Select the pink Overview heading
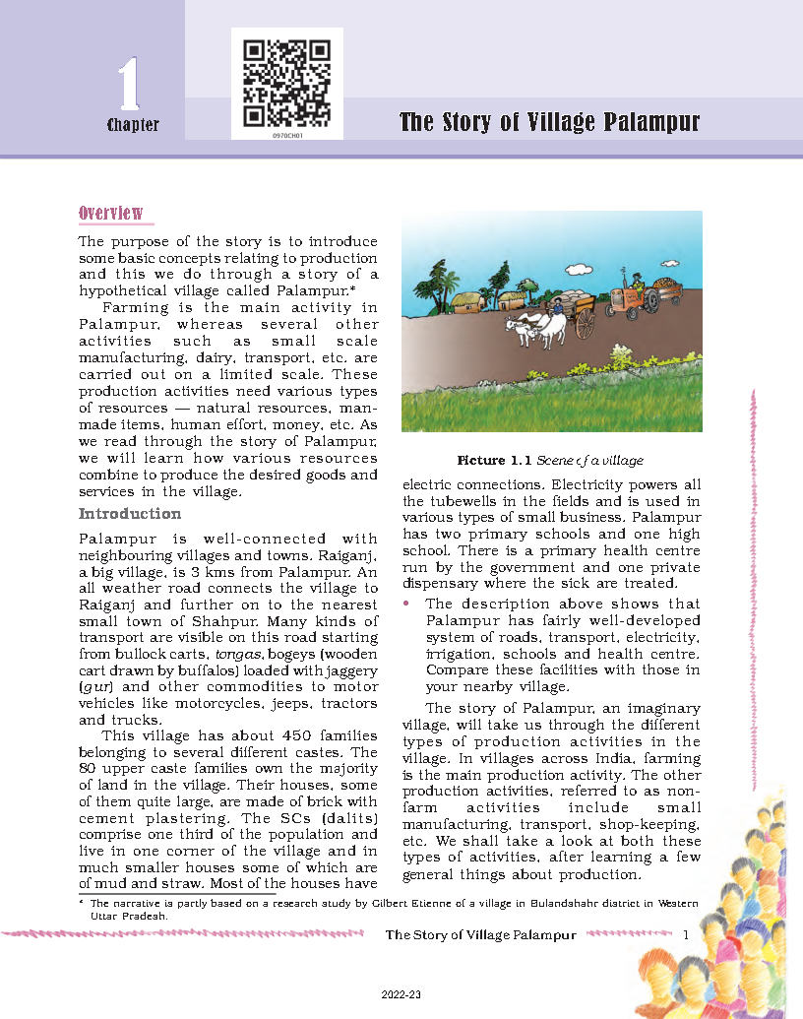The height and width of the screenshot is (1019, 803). tap(110, 214)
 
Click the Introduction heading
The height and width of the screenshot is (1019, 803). tap(130, 514)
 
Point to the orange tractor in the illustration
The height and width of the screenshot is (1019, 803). tap(633, 296)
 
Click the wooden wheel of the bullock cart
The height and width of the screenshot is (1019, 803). tap(585, 324)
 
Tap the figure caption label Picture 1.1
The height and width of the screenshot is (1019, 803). tap(493, 460)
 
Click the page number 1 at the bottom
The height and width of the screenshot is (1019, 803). tap(685, 934)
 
